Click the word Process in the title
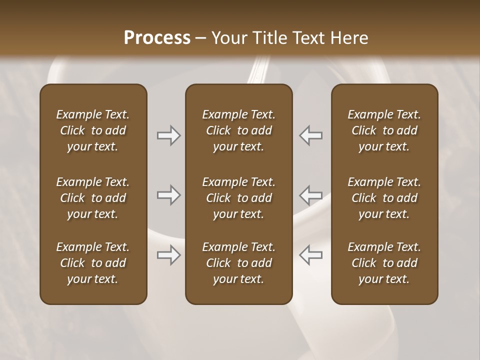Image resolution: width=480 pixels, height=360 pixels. click(157, 37)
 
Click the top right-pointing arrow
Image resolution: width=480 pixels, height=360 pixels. click(168, 135)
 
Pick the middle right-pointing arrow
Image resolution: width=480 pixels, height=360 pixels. click(168, 195)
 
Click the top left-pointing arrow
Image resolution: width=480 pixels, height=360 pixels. click(311, 135)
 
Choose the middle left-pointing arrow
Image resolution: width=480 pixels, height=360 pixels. click(311, 195)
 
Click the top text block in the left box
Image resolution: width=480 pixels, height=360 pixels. click(93, 130)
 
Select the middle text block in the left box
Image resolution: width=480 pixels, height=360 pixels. click(93, 198)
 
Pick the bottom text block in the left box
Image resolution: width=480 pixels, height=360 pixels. click(93, 263)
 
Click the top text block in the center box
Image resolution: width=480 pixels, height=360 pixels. click(238, 130)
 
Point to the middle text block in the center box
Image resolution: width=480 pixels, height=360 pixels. click(238, 198)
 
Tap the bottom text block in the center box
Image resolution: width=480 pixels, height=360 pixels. click(238, 263)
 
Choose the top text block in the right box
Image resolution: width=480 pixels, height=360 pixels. click(384, 130)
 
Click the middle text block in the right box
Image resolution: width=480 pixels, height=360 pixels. click(384, 198)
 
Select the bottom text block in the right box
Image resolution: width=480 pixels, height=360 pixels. click(384, 263)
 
